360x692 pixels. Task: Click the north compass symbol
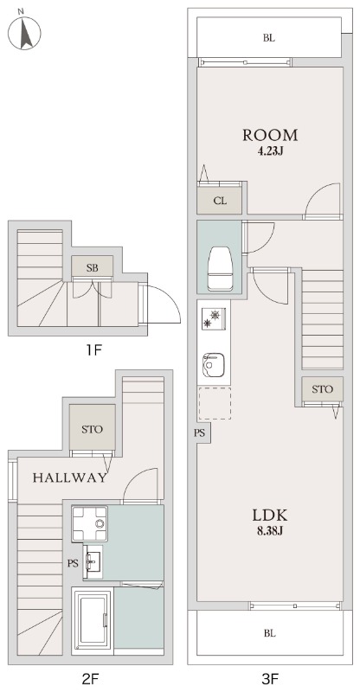click(24, 32)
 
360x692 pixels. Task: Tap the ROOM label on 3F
click(270, 135)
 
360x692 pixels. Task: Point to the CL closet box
click(220, 201)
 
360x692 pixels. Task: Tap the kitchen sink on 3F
click(214, 364)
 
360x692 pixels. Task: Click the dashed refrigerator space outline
click(215, 403)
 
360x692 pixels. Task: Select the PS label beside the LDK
click(200, 433)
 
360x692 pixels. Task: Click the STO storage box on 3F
click(323, 389)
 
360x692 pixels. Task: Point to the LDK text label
click(270, 515)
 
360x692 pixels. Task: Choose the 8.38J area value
click(269, 531)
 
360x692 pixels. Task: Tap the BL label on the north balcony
click(269, 38)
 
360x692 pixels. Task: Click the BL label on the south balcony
click(270, 634)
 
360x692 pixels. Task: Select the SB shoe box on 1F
click(93, 267)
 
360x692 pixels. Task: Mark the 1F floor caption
click(94, 350)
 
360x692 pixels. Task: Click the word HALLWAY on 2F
click(70, 477)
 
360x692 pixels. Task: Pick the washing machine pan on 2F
click(90, 523)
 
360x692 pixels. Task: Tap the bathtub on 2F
click(93, 620)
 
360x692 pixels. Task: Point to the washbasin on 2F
click(93, 561)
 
